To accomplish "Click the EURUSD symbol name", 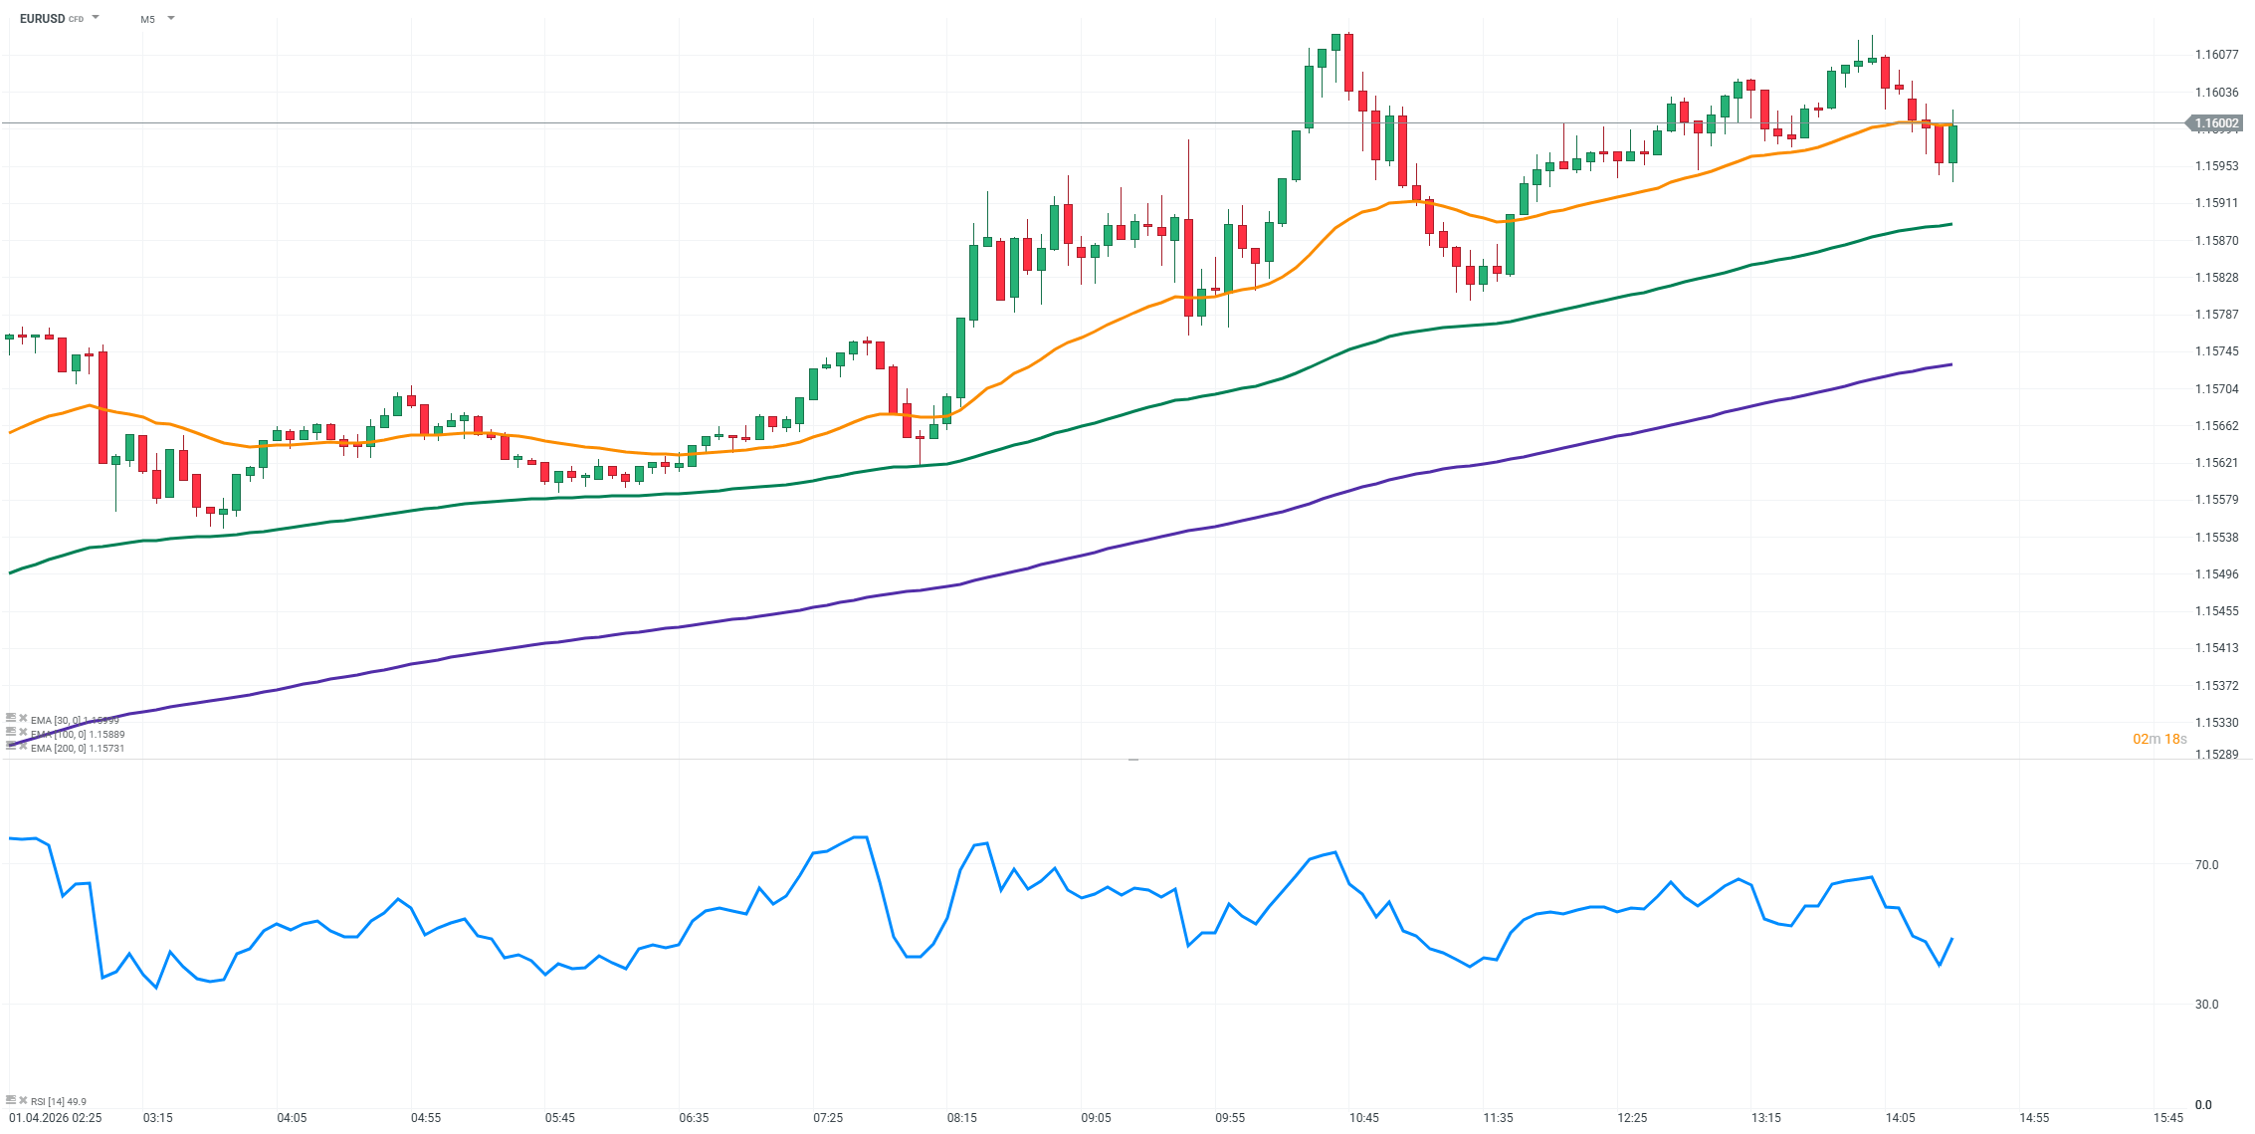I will [x=42, y=19].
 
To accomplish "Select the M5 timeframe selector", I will [x=147, y=19].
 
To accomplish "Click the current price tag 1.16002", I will [x=2217, y=123].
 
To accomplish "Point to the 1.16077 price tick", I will [x=2216, y=55].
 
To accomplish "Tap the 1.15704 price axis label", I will [x=2216, y=389].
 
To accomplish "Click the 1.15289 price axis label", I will [x=2216, y=755].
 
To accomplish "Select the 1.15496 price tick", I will [x=2216, y=574].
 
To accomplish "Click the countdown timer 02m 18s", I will [x=2159, y=739].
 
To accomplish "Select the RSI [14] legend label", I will [x=58, y=1101].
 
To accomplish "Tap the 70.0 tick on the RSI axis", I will [x=2206, y=865].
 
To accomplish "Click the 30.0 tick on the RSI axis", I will [x=2206, y=1005].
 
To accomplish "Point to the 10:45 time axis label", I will [x=1363, y=1118].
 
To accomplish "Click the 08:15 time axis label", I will [x=961, y=1118].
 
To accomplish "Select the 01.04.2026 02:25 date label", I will [x=56, y=1118].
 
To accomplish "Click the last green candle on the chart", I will [x=1952, y=144].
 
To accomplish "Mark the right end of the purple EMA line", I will [x=1951, y=364].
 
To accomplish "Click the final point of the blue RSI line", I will [x=1952, y=938].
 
